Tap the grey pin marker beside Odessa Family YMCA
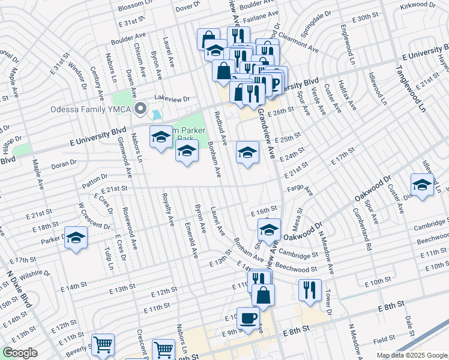140,109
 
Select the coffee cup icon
248,319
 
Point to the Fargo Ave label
302,190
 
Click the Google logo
20,353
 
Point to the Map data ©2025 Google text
412,355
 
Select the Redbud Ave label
221,127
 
